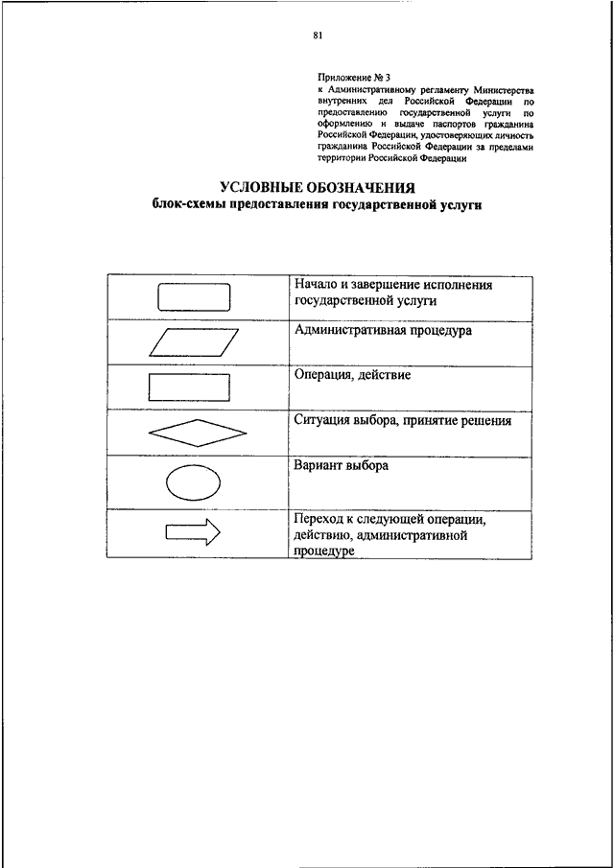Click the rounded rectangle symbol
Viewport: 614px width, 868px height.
[x=193, y=296]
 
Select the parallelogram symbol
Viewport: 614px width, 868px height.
[x=193, y=342]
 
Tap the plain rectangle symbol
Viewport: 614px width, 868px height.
[x=189, y=387]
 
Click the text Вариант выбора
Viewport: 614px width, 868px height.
[x=342, y=466]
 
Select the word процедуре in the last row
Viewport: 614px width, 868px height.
[x=326, y=551]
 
